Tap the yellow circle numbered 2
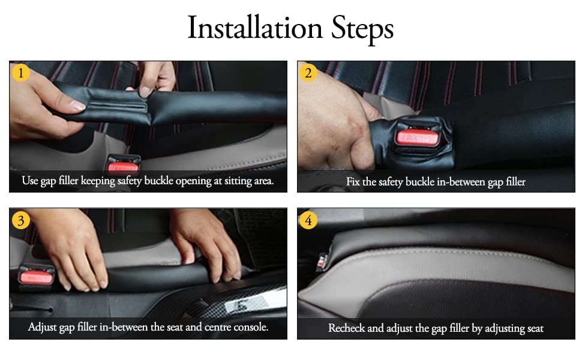(x=308, y=73)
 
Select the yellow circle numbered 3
(x=21, y=220)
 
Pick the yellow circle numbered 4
(x=308, y=220)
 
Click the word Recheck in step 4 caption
(x=347, y=328)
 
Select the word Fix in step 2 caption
(x=354, y=181)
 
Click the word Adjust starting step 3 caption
(x=43, y=328)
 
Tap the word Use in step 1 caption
(x=30, y=181)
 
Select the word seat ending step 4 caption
(x=534, y=328)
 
